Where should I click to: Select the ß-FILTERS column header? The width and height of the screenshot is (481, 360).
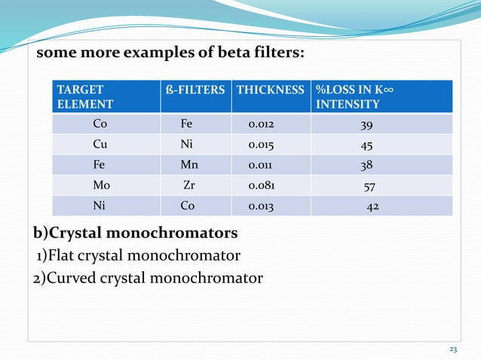coord(195,90)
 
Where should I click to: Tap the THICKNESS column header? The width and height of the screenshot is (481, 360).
coord(271,90)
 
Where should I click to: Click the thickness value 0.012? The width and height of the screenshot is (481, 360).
coord(263,124)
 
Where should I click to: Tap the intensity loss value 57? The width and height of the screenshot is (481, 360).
coord(369,185)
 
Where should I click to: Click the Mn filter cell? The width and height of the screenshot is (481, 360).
coord(188,165)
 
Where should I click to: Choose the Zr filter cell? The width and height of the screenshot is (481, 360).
coord(190,185)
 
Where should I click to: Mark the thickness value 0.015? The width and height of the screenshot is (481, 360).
coord(263,145)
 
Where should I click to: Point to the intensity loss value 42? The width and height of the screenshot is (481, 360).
coord(372,206)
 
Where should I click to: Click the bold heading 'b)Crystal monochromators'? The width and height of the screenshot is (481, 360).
coord(136,231)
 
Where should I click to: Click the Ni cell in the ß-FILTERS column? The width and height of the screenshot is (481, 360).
coord(186,145)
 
